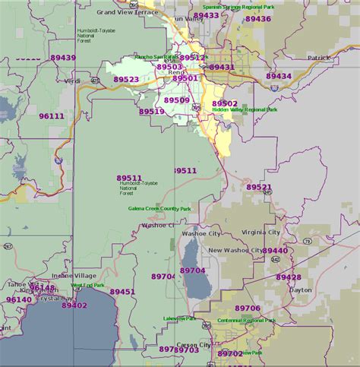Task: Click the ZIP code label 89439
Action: pyautogui.click(x=63, y=58)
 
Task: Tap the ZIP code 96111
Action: pyautogui.click(x=52, y=116)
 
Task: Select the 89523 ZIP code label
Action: pyautogui.click(x=126, y=79)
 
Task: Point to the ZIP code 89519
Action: pyautogui.click(x=152, y=112)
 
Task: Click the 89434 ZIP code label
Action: pyautogui.click(x=279, y=77)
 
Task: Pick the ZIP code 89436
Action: pyautogui.click(x=258, y=18)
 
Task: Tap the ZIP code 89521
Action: pyautogui.click(x=258, y=187)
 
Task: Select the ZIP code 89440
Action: pyautogui.click(x=275, y=251)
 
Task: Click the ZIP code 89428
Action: pyautogui.click(x=289, y=277)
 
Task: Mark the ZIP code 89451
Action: pyautogui.click(x=122, y=292)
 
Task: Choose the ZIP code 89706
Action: pyautogui.click(x=248, y=308)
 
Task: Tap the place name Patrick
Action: pyautogui.click(x=319, y=58)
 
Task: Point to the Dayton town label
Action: pyautogui.click(x=301, y=289)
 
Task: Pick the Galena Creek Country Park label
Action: pyautogui.click(x=159, y=208)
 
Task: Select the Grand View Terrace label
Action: pyautogui.click(x=128, y=12)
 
